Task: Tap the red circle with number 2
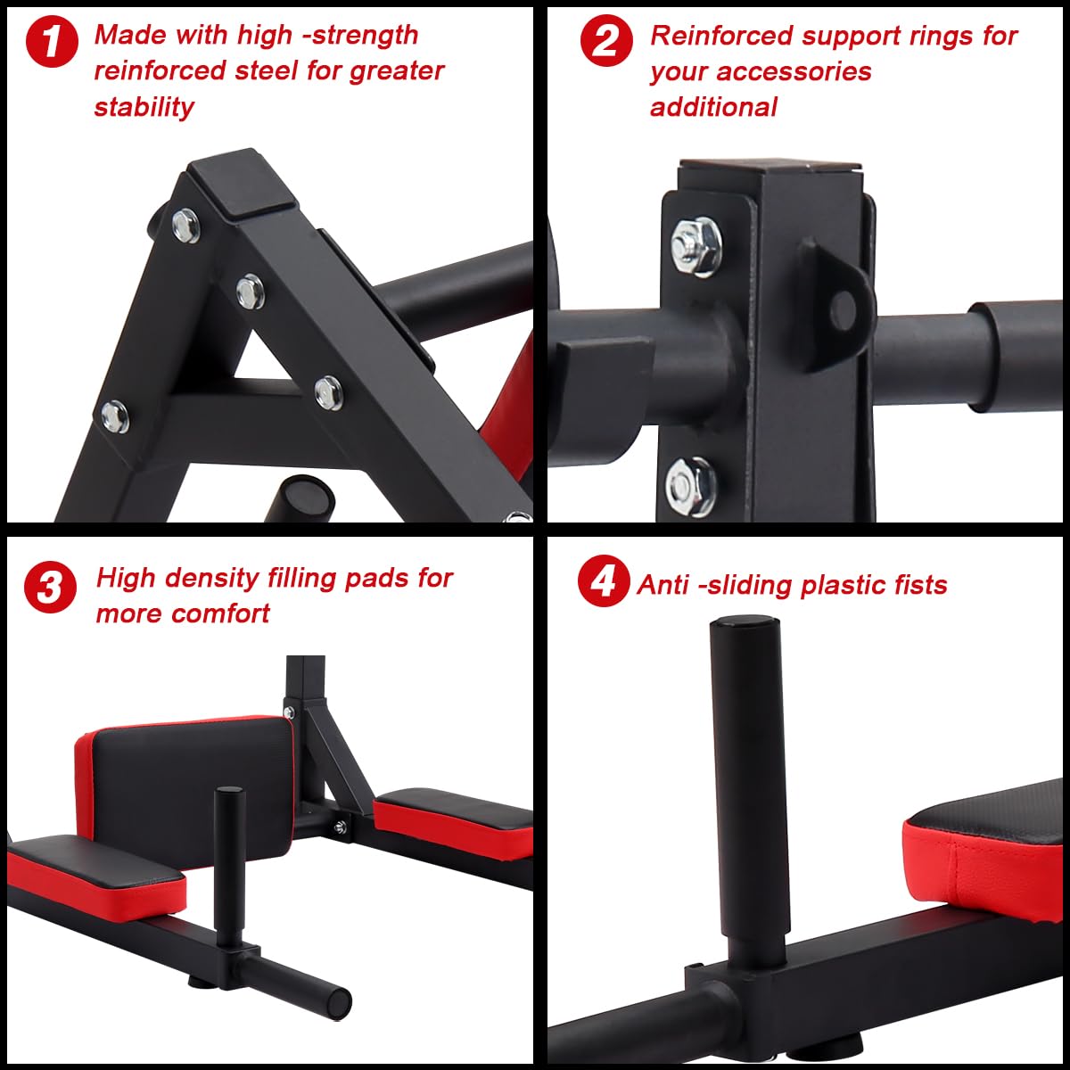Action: click(x=606, y=42)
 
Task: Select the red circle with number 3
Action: click(x=50, y=588)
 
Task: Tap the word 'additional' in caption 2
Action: click(x=713, y=107)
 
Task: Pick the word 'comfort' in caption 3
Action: click(x=221, y=613)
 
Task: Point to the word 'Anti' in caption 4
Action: click(x=664, y=585)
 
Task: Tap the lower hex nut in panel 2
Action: click(x=690, y=485)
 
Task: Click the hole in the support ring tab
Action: click(x=843, y=308)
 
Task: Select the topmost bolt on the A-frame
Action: click(x=186, y=225)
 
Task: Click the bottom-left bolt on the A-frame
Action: click(x=114, y=416)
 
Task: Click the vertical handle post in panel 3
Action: click(x=230, y=847)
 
